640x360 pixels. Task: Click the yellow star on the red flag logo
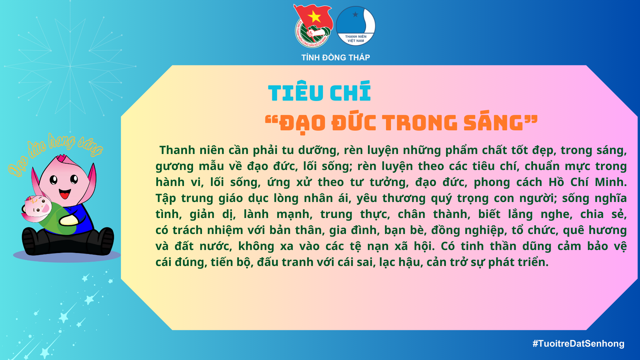click(314, 16)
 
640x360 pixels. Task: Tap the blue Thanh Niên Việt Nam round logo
click(356, 26)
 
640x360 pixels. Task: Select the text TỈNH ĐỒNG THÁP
click(336, 58)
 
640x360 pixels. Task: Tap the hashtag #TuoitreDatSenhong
click(578, 344)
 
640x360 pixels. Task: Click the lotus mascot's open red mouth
click(65, 194)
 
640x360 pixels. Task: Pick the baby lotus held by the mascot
click(37, 209)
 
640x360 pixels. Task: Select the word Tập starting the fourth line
click(166, 198)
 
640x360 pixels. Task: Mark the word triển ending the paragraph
click(532, 262)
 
